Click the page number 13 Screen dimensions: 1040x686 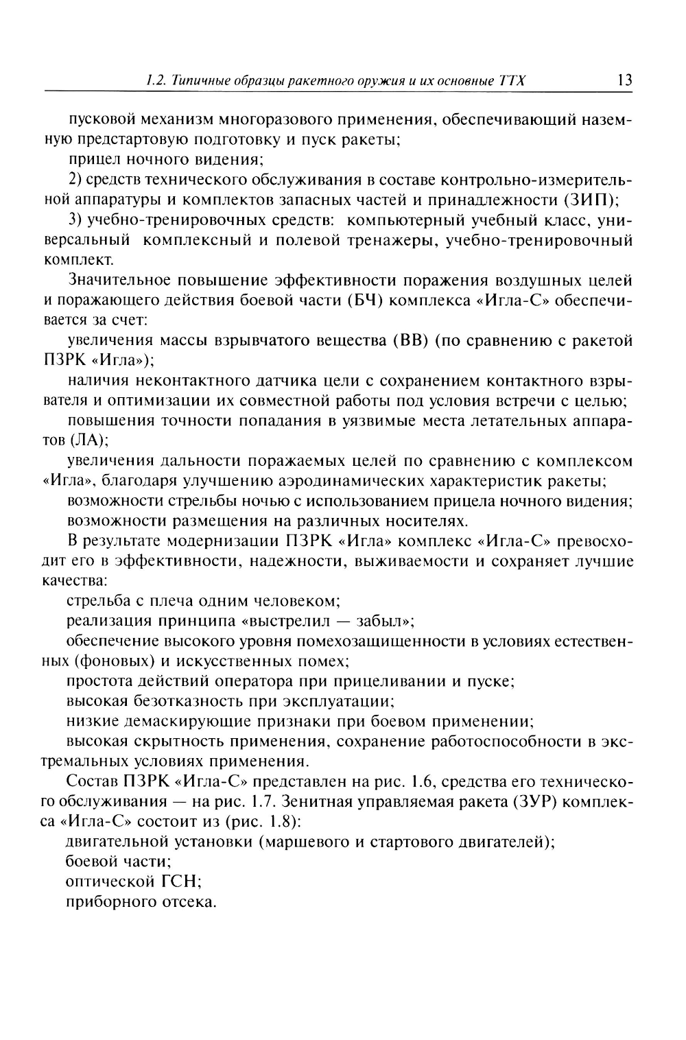click(x=624, y=80)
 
